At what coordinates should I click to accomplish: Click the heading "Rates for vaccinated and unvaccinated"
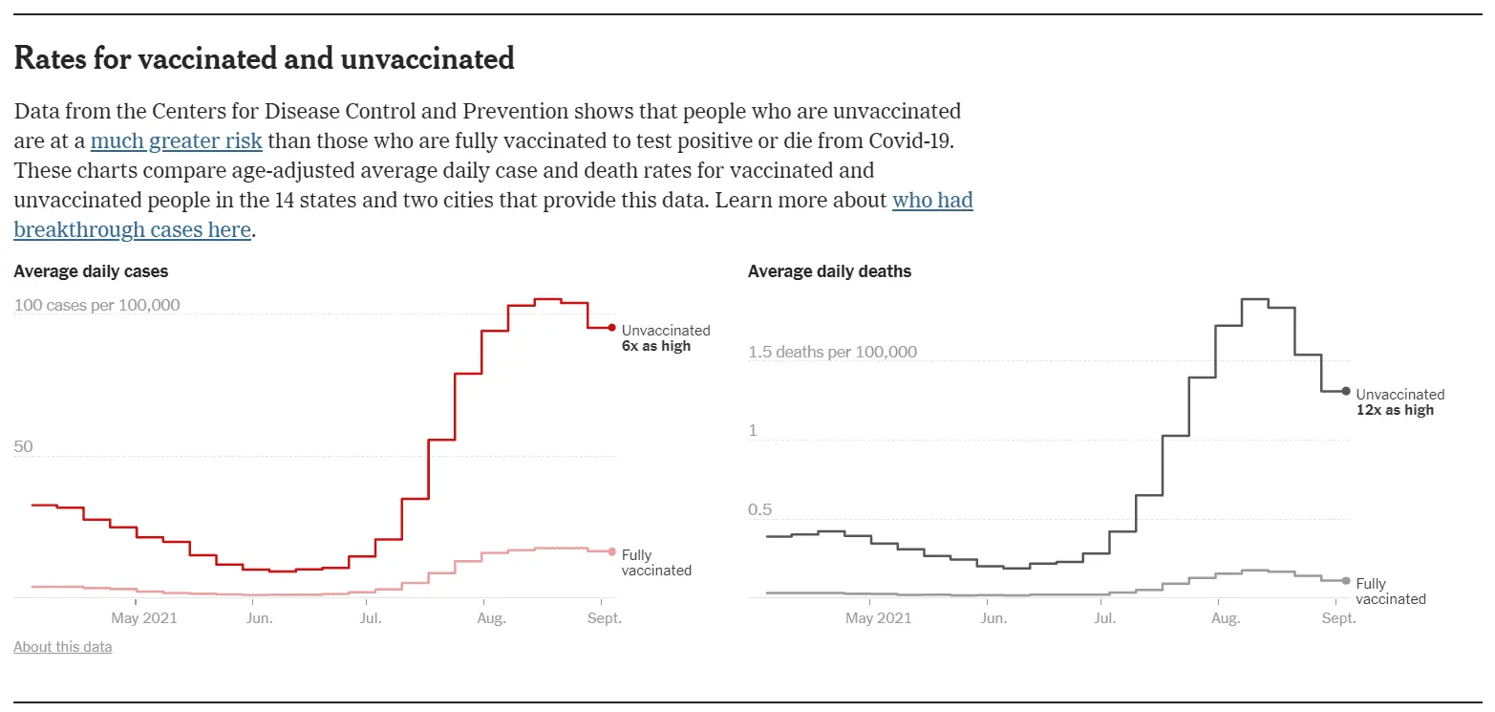click(264, 59)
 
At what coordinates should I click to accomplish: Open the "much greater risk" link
click(176, 141)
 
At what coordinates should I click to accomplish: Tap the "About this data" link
click(62, 647)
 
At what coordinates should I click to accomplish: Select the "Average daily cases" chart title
click(91, 271)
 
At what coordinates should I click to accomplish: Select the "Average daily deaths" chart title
click(829, 271)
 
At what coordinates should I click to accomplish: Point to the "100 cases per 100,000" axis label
click(96, 305)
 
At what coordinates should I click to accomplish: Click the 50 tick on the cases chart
click(23, 446)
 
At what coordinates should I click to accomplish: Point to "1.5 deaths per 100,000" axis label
click(832, 352)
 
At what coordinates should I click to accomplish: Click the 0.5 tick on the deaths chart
click(759, 509)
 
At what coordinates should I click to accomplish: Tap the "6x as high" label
click(655, 346)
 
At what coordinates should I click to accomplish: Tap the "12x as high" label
click(1395, 410)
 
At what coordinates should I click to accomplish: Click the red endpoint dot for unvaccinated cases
click(612, 328)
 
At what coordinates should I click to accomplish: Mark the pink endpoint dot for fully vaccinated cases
click(612, 551)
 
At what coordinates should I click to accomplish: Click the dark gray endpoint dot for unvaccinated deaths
click(1346, 391)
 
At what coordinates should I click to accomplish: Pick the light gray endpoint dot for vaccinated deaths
click(1346, 581)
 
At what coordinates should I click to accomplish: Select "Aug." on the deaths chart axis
click(1225, 618)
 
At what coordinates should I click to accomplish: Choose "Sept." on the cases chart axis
click(604, 618)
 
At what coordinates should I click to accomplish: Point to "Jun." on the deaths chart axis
click(993, 618)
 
